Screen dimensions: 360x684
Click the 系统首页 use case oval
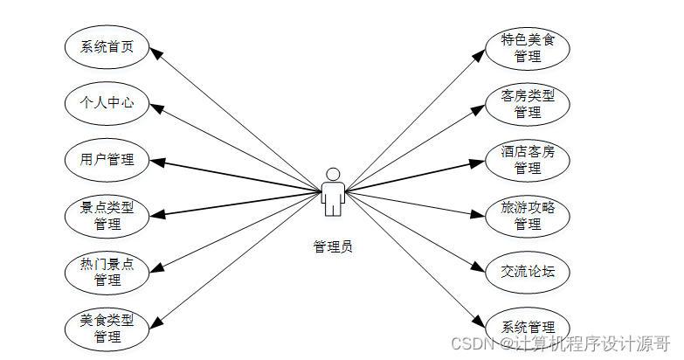(x=107, y=47)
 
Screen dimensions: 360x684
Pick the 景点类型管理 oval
(x=107, y=215)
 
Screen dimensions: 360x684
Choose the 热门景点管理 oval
(x=107, y=271)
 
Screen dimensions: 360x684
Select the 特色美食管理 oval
(x=528, y=47)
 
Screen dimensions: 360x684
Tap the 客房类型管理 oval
(x=528, y=103)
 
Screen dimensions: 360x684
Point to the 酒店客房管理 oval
(x=528, y=159)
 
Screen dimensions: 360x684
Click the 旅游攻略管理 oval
(x=528, y=215)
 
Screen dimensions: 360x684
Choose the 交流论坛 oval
(x=528, y=271)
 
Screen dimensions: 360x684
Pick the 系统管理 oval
(x=528, y=327)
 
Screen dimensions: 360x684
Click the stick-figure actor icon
(x=332, y=192)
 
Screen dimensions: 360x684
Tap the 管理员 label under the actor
(x=333, y=246)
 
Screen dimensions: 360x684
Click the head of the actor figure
(x=332, y=173)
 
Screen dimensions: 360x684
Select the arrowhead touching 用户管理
(x=155, y=160)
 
